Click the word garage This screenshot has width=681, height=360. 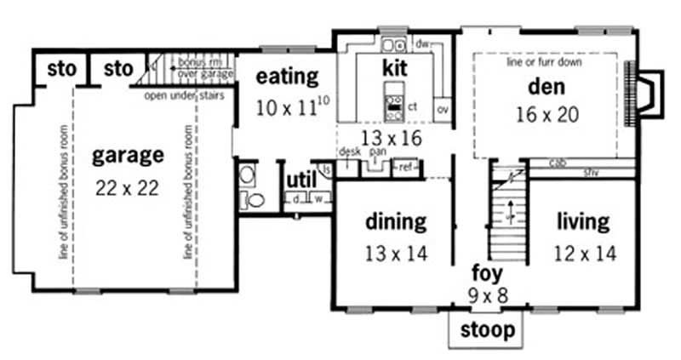[128, 155]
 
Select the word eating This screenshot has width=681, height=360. [287, 76]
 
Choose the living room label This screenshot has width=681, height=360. [583, 222]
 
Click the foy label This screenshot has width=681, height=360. [488, 274]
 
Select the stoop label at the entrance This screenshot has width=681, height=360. [487, 329]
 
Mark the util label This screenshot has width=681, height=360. [300, 180]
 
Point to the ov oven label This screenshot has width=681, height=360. [443, 109]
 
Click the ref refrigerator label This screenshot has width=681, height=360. [405, 168]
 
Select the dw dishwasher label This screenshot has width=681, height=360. [421, 43]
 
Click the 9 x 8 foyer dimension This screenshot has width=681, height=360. [488, 297]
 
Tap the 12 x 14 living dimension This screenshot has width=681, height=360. [583, 253]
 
